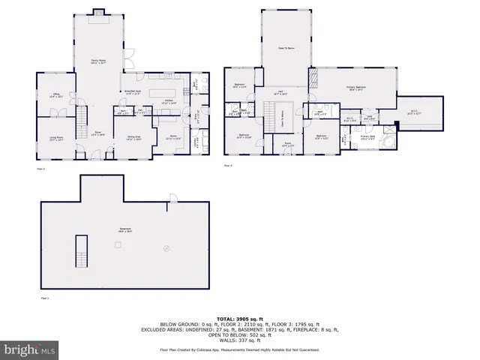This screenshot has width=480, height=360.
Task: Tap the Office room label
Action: tap(55, 95)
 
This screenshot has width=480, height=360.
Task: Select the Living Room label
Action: tap(55, 136)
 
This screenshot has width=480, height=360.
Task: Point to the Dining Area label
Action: tap(133, 137)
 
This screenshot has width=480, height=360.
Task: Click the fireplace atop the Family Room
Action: tap(98, 12)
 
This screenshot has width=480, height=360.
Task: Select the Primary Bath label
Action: tap(367, 138)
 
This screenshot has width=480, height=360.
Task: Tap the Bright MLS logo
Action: tap(28, 349)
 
